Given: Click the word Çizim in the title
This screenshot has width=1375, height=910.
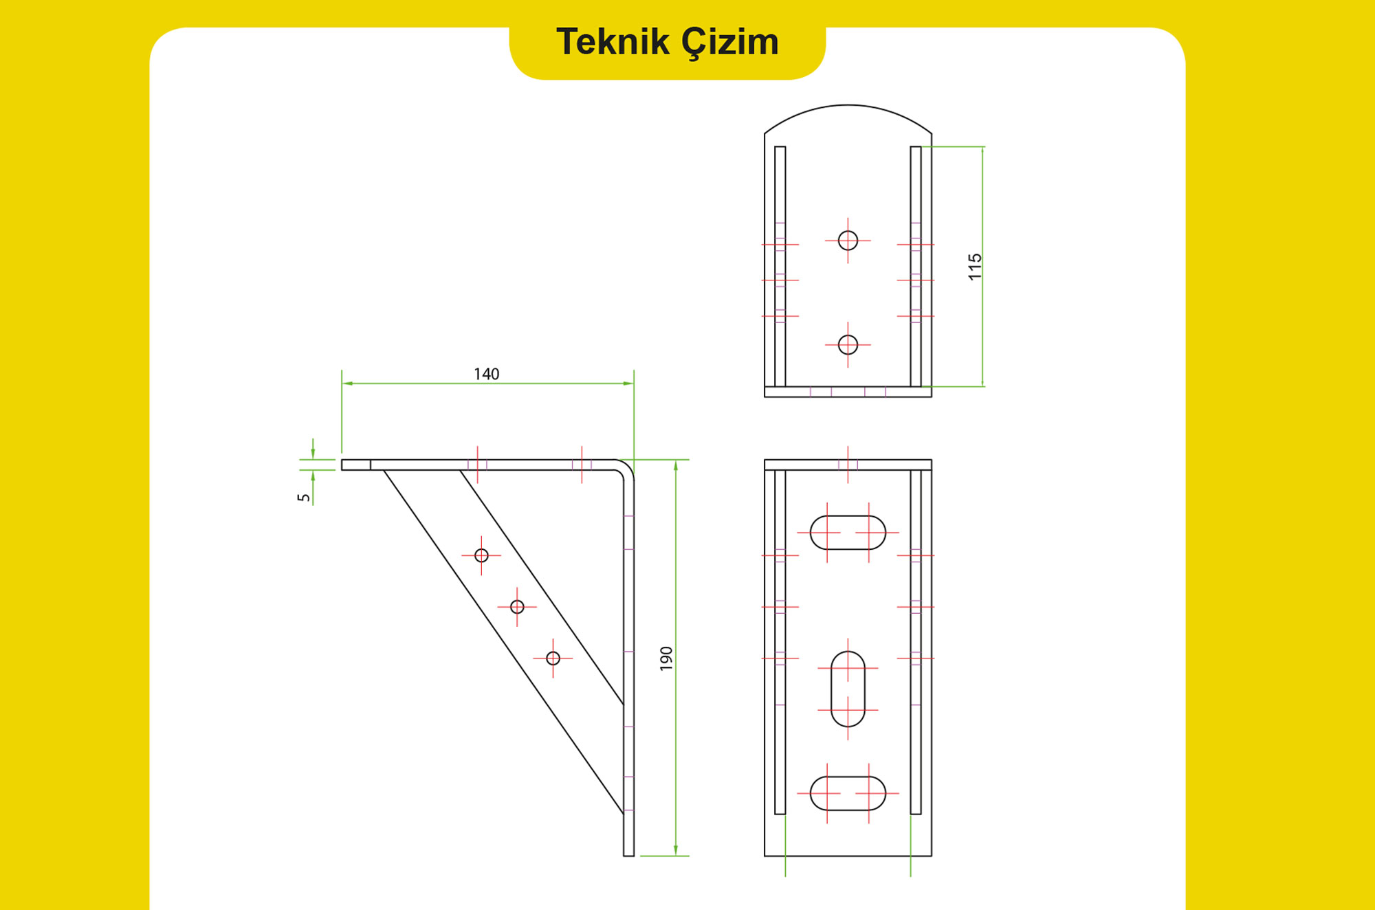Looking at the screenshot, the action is click(x=730, y=43).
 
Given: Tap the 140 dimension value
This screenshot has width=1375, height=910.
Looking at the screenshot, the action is click(x=487, y=374).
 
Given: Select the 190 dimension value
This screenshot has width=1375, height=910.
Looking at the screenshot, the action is click(x=665, y=658).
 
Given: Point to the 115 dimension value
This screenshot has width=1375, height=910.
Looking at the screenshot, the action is click(x=975, y=267).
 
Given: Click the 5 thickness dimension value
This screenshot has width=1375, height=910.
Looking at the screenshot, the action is click(x=304, y=498).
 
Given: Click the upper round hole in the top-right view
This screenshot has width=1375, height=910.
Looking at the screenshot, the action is click(x=848, y=241).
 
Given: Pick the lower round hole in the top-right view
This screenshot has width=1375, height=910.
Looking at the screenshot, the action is click(x=848, y=344).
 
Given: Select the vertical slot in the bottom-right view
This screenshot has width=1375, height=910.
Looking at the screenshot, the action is click(x=848, y=689).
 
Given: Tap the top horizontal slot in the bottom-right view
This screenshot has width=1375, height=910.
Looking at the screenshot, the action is click(x=848, y=533).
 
